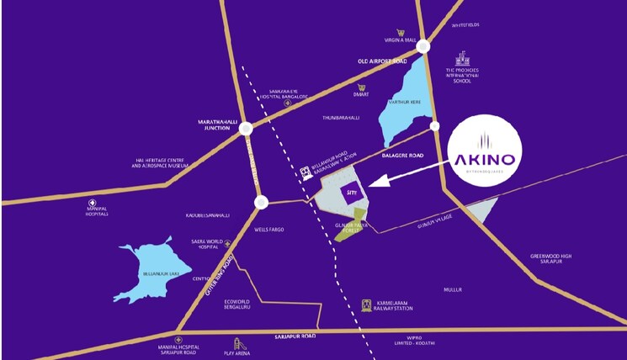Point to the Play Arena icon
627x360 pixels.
tap(239, 344)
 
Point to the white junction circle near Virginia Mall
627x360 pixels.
tap(422, 47)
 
